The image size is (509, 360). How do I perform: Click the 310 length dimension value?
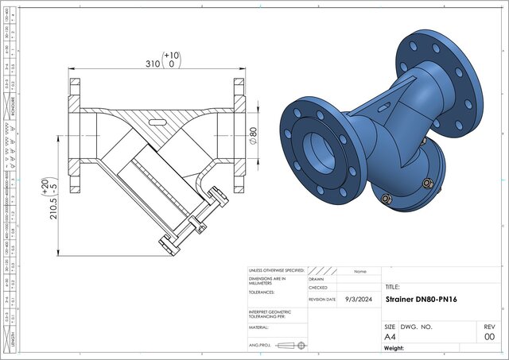[147, 63]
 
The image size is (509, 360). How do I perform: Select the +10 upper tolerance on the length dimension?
[171, 56]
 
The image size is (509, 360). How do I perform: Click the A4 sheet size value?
[390, 336]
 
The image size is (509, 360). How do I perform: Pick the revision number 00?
[489, 336]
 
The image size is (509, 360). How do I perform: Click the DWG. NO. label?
[416, 327]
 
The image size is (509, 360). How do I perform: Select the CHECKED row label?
[318, 288]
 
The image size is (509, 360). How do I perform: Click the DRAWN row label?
[317, 279]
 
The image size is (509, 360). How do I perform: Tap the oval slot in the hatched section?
[158, 122]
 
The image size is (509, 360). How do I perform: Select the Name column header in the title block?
[359, 270]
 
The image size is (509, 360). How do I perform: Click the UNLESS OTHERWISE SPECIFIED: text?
[276, 270]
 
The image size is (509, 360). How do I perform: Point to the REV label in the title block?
[489, 327]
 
